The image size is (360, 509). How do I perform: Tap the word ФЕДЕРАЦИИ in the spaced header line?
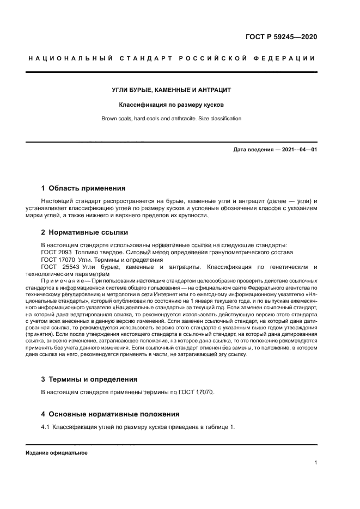click(x=287, y=58)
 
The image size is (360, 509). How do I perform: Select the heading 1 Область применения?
click(x=83, y=188)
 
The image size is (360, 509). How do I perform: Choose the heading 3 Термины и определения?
click(x=89, y=379)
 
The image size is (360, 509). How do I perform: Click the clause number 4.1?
click(x=46, y=427)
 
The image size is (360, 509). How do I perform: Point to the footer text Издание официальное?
click(x=56, y=453)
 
